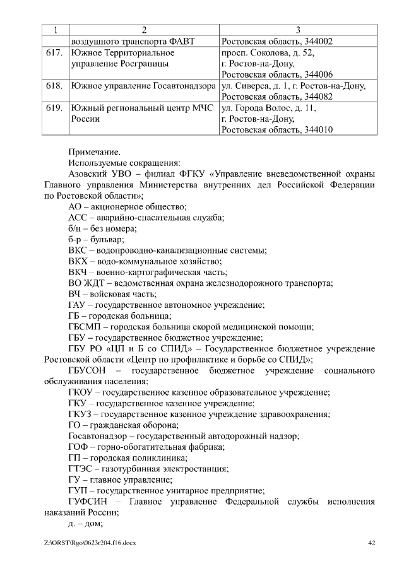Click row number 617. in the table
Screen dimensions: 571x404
54,54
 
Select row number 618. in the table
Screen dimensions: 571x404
54,85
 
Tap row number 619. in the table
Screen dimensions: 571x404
54,108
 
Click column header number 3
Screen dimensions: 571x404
298,30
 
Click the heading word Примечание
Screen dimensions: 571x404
93,151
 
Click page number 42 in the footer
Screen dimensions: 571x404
372,542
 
